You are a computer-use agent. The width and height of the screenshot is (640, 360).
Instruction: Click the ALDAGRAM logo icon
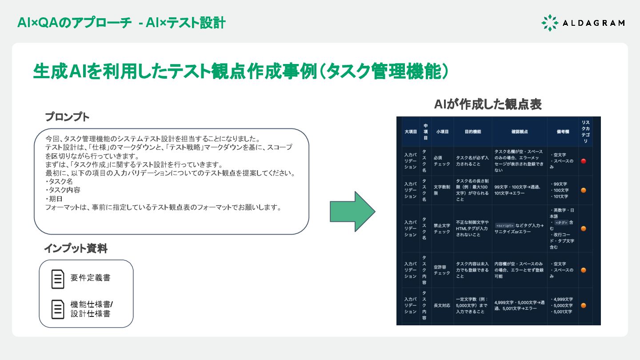click(550, 23)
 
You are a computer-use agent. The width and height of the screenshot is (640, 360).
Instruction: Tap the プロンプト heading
click(67, 117)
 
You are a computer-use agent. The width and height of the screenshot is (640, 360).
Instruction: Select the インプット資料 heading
click(76, 248)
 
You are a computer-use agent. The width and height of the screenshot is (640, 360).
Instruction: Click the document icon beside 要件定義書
click(58, 279)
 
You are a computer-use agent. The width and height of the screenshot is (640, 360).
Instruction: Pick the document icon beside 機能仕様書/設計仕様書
click(58, 309)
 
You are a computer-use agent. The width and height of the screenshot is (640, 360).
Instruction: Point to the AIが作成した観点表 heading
click(488, 104)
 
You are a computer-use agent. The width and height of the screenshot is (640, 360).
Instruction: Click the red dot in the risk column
click(584, 161)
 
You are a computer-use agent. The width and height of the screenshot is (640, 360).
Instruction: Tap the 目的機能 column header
click(472, 132)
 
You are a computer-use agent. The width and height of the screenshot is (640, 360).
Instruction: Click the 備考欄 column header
click(563, 132)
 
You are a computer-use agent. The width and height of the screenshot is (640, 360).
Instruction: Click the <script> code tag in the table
click(504, 225)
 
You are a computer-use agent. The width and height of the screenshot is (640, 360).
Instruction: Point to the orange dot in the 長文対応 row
click(584, 305)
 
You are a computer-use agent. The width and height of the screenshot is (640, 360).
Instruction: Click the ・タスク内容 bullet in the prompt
click(63, 190)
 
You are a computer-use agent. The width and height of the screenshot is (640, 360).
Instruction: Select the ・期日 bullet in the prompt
click(54, 199)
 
